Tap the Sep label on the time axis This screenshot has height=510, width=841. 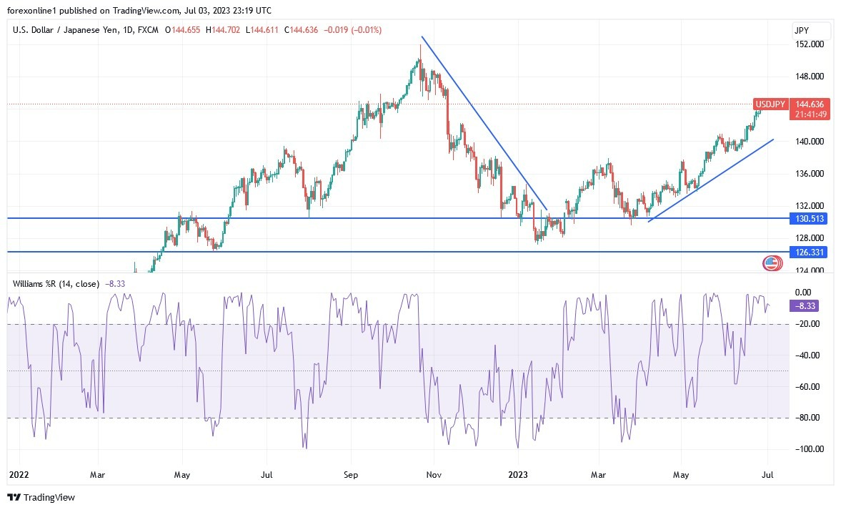350,473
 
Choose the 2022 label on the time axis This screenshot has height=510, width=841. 19,473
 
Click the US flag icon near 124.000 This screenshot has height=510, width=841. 771,263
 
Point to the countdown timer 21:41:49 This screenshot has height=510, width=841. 811,114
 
